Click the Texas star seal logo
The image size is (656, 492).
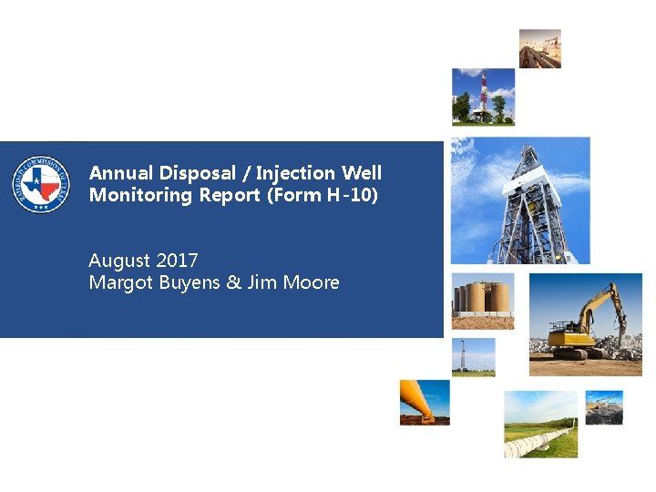(41, 184)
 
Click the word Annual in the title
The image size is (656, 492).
(122, 173)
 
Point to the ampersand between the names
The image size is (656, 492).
(233, 282)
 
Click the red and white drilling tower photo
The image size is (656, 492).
(484, 97)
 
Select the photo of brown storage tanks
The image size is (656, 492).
(483, 300)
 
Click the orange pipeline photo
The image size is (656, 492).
(425, 402)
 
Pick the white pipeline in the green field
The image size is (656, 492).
(540, 424)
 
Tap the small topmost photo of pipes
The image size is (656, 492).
(540, 48)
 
